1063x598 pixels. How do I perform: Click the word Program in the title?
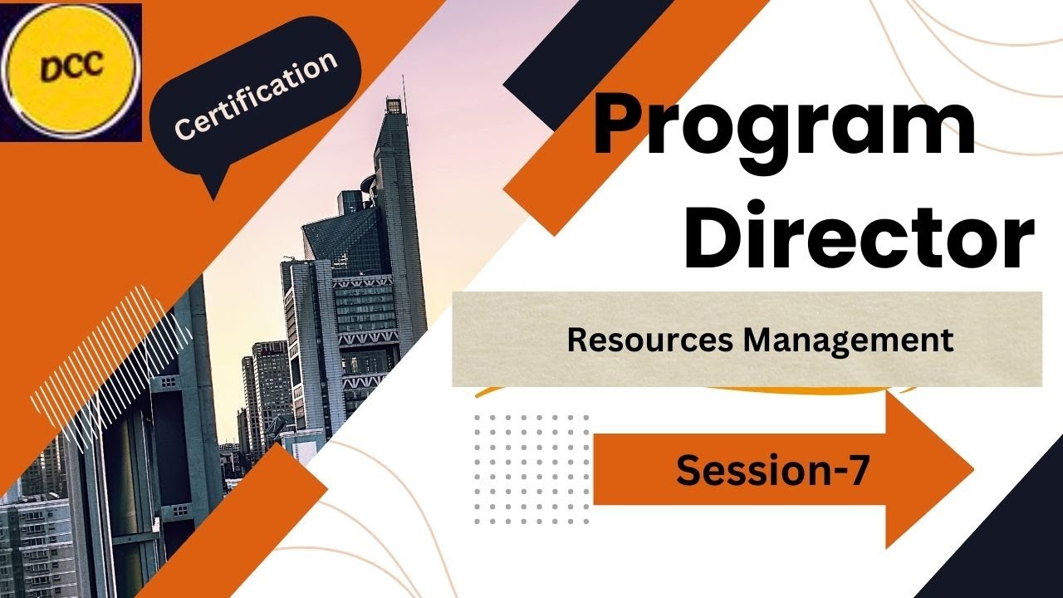click(x=784, y=125)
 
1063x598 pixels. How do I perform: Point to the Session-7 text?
click(x=772, y=471)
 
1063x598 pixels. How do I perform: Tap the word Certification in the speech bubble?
click(x=256, y=94)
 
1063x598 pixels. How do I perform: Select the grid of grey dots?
click(x=531, y=469)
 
